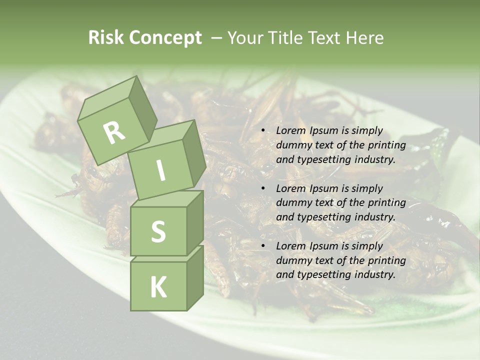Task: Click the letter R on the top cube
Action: [114, 132]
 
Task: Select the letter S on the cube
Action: [158, 231]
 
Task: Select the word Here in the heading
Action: [365, 37]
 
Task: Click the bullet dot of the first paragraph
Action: [263, 131]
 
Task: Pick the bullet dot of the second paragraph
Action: [263, 188]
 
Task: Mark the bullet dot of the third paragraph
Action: [263, 246]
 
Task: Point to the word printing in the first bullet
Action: [386, 145]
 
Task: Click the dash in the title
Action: [217, 37]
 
